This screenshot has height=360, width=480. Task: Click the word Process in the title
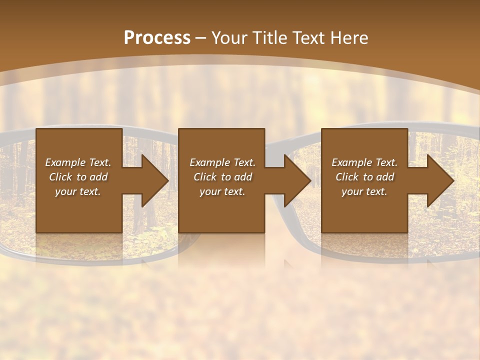157,38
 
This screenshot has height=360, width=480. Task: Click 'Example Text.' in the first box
78,162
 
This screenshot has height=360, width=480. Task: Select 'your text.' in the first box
78,191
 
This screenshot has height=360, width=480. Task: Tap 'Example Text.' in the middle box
222,162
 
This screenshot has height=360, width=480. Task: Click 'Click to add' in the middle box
222,177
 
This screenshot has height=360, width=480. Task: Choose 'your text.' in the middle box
222,191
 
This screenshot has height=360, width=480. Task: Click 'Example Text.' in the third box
364,162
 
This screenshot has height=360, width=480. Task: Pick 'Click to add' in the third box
364,177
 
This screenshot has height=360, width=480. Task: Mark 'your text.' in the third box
364,191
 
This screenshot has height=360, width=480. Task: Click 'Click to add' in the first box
78,177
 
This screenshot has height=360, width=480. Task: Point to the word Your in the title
228,38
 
